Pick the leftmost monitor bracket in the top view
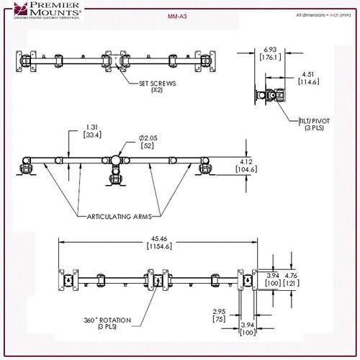point(27,62)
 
